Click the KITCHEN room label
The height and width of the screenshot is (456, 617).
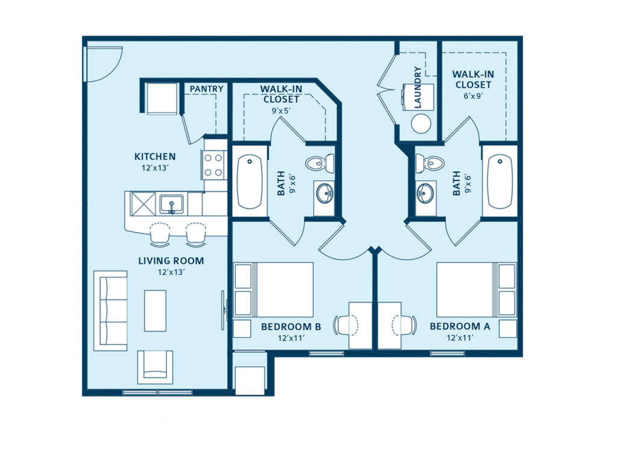[155, 157]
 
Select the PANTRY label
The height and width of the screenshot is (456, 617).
[207, 89]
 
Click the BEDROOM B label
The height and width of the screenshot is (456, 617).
[290, 326]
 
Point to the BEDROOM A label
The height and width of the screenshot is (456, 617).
[460, 326]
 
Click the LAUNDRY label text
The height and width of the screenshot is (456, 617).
[418, 88]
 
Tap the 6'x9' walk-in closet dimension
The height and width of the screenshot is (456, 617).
[473, 96]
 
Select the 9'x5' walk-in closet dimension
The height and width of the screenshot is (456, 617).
[281, 110]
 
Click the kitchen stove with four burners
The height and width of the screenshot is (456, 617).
[214, 165]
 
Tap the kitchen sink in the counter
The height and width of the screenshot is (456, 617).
[172, 204]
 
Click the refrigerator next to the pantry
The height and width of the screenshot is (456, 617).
[162, 98]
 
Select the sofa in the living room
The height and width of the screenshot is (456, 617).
[110, 311]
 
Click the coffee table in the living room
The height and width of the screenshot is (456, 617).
[155, 310]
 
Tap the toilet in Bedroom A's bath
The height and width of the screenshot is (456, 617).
[429, 162]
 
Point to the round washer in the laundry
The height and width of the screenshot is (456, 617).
[421, 123]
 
